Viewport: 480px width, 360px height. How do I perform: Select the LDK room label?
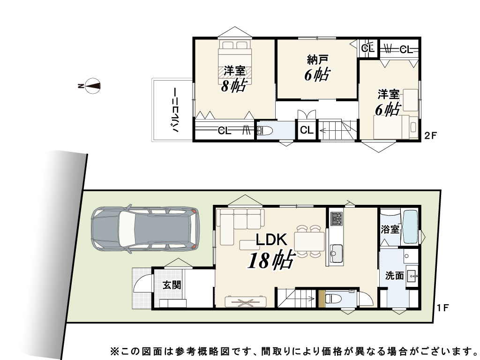(x=271, y=240)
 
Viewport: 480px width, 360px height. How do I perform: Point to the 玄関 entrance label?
(x=172, y=285)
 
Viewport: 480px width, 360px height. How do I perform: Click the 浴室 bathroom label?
(x=390, y=229)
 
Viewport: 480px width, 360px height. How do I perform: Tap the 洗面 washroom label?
(x=394, y=276)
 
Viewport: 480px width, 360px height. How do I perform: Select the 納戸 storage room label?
(x=318, y=60)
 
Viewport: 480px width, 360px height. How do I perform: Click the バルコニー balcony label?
(x=175, y=110)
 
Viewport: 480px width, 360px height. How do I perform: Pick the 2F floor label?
(x=431, y=135)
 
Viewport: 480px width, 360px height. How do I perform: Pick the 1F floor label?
(x=442, y=307)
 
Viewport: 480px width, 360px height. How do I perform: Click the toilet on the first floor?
(x=333, y=298)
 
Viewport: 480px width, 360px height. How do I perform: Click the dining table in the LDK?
(x=309, y=241)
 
